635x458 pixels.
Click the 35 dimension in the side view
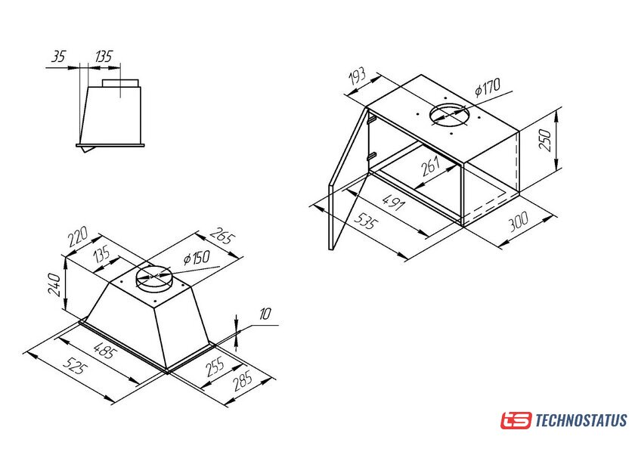[x=59, y=57]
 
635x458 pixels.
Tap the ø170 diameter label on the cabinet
[x=488, y=88]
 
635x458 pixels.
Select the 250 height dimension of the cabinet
[x=546, y=140]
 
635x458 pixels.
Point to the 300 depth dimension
[x=519, y=221]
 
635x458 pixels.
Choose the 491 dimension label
[x=393, y=202]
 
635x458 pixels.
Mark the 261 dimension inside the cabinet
[x=430, y=166]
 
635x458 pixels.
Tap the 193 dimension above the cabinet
[x=357, y=76]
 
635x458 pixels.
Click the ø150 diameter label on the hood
[x=197, y=258]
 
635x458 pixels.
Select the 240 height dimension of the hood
[x=54, y=285]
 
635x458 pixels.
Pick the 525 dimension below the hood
[x=76, y=366]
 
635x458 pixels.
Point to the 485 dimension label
[x=104, y=350]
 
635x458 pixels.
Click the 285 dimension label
[x=243, y=381]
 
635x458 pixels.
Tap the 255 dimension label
[x=215, y=366]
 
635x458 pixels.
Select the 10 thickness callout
[x=265, y=314]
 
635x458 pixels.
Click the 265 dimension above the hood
[x=221, y=235]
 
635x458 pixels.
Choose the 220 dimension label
[x=78, y=237]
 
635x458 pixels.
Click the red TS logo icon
[x=516, y=420]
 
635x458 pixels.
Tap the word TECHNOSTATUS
[x=581, y=420]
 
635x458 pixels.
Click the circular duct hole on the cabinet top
[x=450, y=115]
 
